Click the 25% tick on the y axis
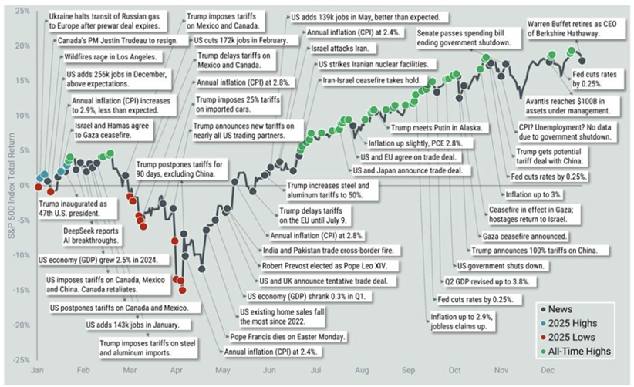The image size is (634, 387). pyautogui.click(x=22, y=11)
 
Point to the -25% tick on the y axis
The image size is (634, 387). pyautogui.click(x=21, y=360)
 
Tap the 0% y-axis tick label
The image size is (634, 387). pyautogui.click(x=24, y=186)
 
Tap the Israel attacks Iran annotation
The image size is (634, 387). pyautogui.click(x=333, y=49)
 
